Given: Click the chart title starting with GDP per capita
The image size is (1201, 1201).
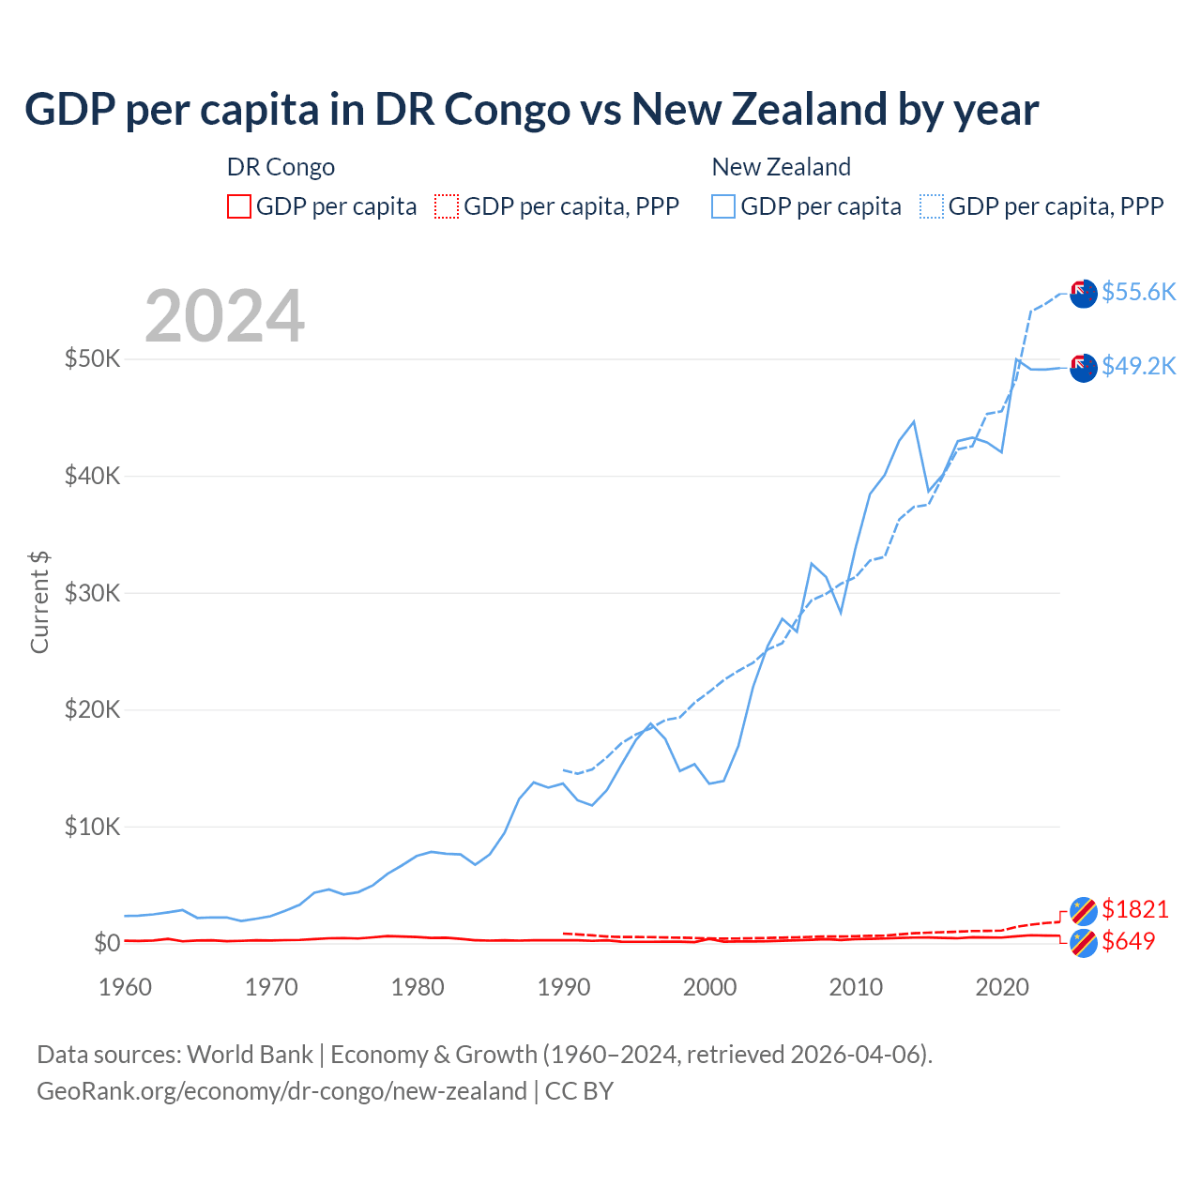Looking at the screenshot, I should [x=531, y=109].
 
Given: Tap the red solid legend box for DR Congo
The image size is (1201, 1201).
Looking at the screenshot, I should [x=239, y=206].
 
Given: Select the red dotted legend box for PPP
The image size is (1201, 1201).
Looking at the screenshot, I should [x=447, y=206].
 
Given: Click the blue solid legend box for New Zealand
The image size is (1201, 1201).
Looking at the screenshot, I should [x=723, y=206].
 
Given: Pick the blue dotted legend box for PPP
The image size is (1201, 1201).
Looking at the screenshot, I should [x=932, y=206].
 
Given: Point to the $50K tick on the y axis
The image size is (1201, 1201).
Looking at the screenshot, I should [x=92, y=358].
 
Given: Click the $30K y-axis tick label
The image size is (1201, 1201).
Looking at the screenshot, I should [x=92, y=593].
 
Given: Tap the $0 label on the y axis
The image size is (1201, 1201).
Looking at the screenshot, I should [x=107, y=943].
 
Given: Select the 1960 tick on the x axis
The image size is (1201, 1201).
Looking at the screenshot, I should [x=125, y=987].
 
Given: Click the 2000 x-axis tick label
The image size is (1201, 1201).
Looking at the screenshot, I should [x=710, y=987].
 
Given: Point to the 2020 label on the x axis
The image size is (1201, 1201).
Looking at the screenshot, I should [x=1002, y=987].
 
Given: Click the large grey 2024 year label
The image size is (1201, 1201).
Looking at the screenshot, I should [x=225, y=316].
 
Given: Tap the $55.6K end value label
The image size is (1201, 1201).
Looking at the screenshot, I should [x=1138, y=292].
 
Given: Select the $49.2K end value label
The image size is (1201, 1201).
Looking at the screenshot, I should [x=1138, y=366].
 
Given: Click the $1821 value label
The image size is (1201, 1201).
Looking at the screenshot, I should [x=1134, y=909].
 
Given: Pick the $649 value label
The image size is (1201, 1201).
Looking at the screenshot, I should [x=1128, y=941].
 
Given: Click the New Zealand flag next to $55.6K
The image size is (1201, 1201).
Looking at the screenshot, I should [x=1084, y=293].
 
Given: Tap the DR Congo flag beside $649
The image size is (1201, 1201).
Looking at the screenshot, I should [x=1084, y=943].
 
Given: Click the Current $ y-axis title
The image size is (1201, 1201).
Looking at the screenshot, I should [x=39, y=602].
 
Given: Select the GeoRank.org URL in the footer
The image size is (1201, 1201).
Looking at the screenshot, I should [x=281, y=1091].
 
